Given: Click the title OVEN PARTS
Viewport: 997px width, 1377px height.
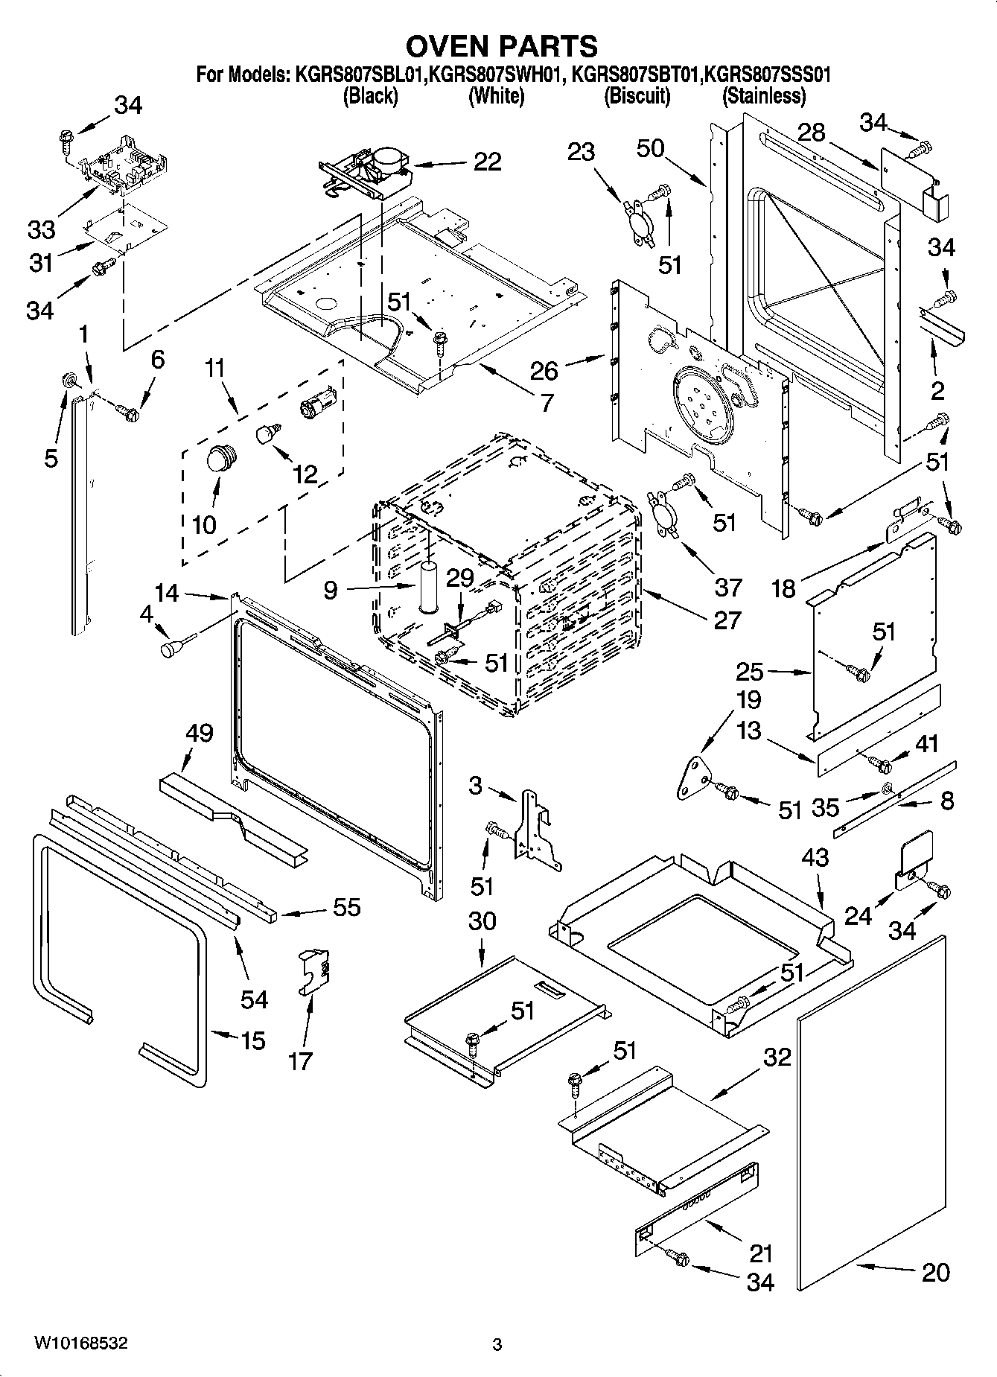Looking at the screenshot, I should (x=500, y=46).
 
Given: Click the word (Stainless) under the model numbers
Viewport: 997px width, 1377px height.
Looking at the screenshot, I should (x=764, y=96).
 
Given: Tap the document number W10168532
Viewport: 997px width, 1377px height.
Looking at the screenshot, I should (x=80, y=1343).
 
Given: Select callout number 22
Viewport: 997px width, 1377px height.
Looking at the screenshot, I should (x=487, y=162).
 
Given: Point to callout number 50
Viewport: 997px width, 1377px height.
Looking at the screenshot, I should (x=650, y=148).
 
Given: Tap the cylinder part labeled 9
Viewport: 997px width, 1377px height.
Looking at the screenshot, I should (x=428, y=588).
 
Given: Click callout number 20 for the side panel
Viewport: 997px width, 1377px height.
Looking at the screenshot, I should (x=935, y=1272).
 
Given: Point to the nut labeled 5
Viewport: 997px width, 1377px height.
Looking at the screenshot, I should (x=69, y=381).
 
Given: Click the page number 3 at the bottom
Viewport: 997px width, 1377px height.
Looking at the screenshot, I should (x=497, y=1345).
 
